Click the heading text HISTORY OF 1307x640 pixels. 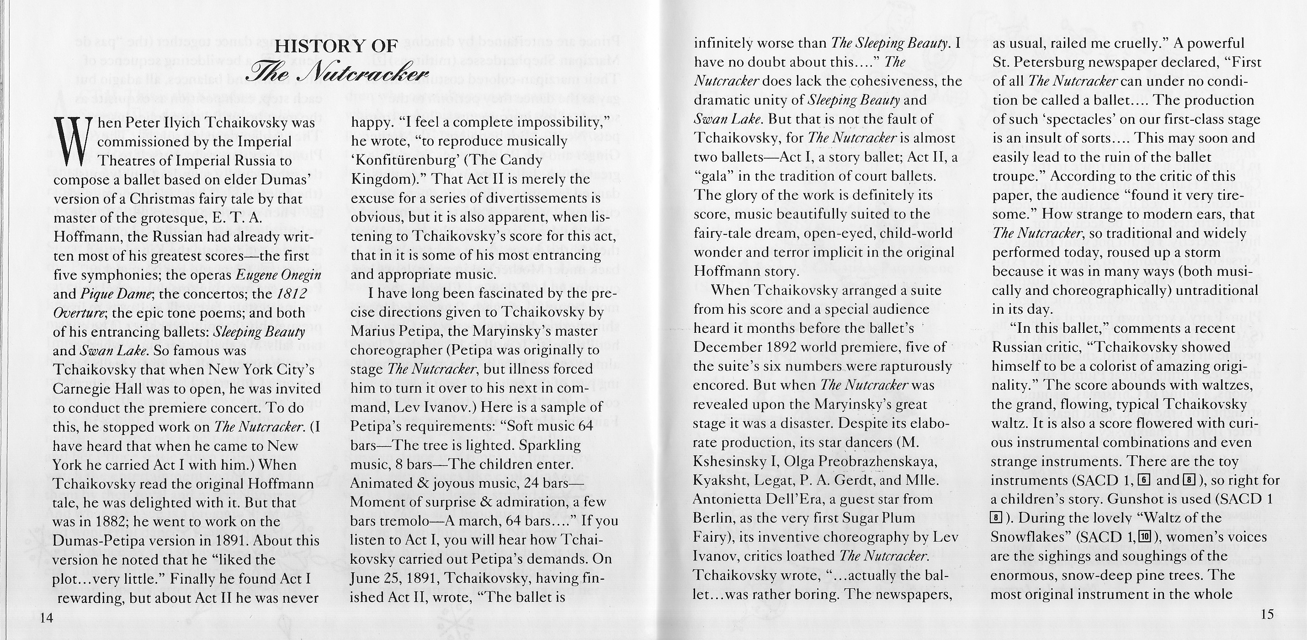(x=336, y=46)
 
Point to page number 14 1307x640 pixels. (x=47, y=617)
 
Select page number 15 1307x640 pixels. (x=1266, y=614)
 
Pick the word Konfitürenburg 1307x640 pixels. (x=398, y=160)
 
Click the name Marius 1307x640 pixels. (x=373, y=331)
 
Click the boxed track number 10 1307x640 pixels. (x=1142, y=537)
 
